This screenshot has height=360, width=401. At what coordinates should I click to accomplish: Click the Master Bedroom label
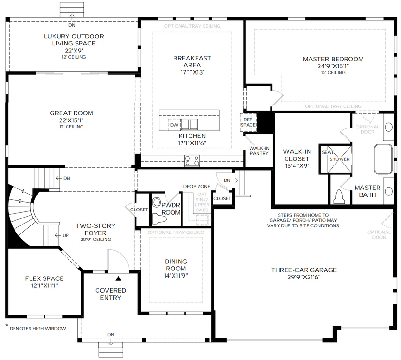(x=333, y=59)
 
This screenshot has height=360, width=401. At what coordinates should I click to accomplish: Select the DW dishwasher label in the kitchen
(x=174, y=125)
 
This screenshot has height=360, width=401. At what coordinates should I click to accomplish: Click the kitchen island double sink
(x=189, y=124)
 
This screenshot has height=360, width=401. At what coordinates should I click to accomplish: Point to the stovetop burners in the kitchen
(x=192, y=160)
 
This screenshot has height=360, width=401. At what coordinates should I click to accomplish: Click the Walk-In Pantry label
(x=258, y=150)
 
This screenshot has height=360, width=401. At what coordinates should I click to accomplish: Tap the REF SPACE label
(x=248, y=122)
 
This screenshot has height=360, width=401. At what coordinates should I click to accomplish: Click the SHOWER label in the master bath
(x=340, y=159)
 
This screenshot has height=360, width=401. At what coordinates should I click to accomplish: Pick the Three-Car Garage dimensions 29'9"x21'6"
(x=303, y=277)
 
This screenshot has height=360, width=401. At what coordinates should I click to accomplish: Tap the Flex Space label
(x=44, y=278)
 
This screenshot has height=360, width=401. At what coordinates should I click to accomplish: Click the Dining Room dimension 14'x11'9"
(x=176, y=276)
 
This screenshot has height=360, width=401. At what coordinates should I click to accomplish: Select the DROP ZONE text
(x=197, y=186)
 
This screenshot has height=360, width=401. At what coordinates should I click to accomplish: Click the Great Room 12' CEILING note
(x=71, y=127)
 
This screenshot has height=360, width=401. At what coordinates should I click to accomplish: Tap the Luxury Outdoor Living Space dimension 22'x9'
(x=74, y=50)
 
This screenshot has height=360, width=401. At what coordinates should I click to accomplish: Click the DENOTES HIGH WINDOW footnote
(x=38, y=329)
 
